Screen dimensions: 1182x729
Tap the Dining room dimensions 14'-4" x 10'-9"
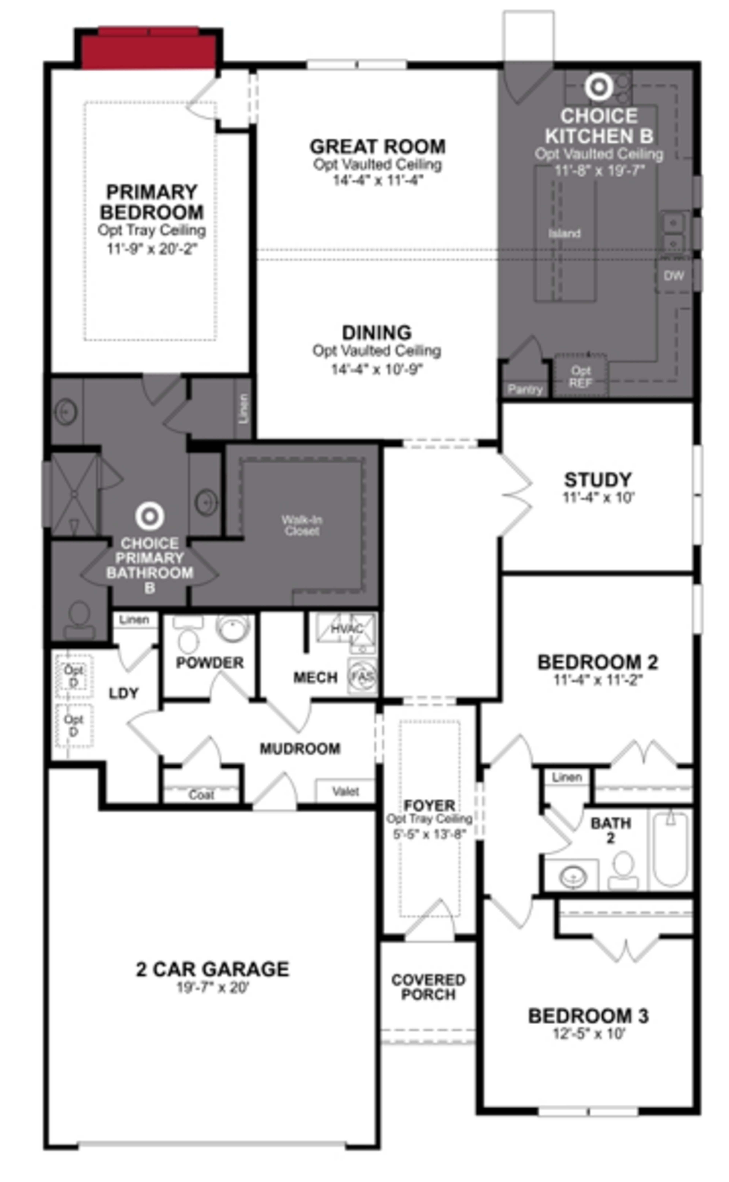pos(376,369)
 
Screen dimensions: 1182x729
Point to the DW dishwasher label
pos(674,276)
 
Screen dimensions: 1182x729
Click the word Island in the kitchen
pos(564,233)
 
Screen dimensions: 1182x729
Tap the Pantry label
pos(525,389)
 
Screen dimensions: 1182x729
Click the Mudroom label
pos(300,748)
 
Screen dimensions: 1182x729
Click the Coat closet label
pos(201,795)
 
